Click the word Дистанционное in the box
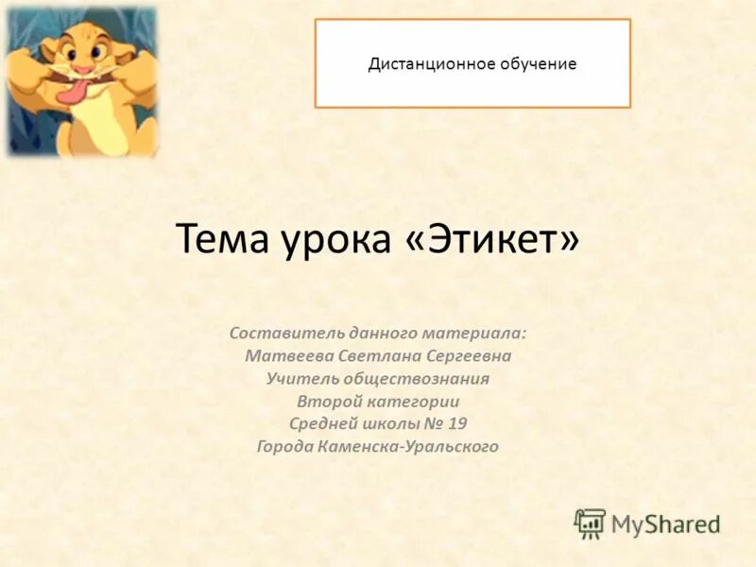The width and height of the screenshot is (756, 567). click(x=426, y=64)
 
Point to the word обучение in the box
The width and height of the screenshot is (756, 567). click(x=533, y=64)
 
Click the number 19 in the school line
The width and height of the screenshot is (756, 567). click(x=457, y=423)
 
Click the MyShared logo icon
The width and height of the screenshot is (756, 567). click(x=590, y=523)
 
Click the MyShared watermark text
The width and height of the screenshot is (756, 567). click(x=665, y=524)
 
